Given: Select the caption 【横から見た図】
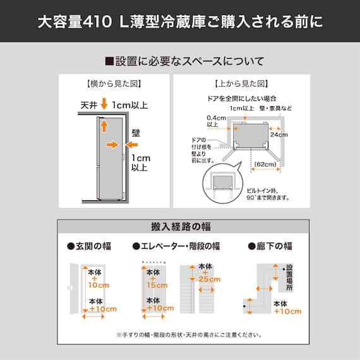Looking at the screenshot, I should click(114, 83).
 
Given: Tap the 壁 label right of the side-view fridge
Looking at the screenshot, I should click(136, 133).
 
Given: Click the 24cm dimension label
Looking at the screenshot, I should click(279, 135).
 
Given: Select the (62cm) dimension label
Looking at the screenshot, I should click(265, 165).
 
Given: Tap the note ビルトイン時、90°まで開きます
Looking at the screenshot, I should click(268, 193).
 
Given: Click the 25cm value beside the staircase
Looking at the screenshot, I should click(209, 279).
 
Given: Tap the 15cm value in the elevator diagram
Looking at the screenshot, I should click(154, 285).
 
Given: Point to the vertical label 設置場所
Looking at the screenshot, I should click(289, 277).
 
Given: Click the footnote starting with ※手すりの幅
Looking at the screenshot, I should click(180, 335).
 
